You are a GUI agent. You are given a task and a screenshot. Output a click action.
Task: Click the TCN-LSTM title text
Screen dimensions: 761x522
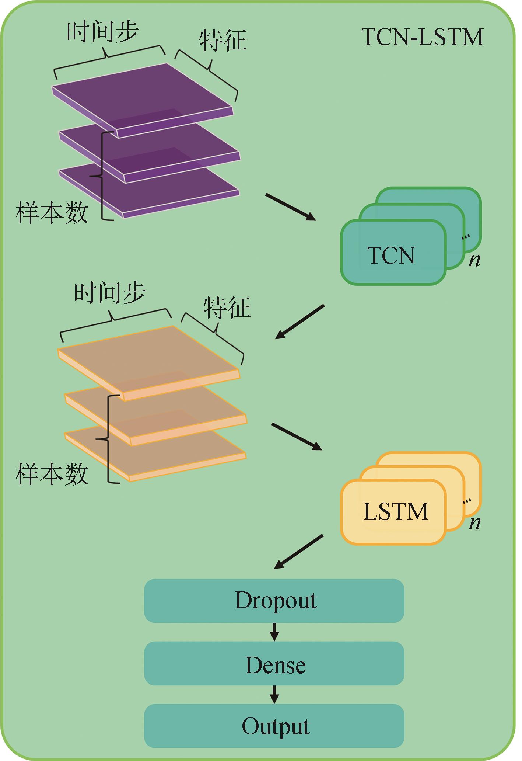[423, 37]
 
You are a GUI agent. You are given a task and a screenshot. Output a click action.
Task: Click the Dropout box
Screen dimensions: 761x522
[274, 601]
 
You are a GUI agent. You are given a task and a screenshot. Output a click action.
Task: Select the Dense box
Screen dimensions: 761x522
[274, 665]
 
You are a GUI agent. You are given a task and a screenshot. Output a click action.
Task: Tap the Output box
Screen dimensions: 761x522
[274, 727]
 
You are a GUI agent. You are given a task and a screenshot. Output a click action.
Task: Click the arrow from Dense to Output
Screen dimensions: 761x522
[274, 694]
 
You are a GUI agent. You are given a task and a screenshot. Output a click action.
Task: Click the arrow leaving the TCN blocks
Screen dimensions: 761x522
[300, 322]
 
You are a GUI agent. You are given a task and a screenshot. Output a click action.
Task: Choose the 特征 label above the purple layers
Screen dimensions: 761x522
[223, 40]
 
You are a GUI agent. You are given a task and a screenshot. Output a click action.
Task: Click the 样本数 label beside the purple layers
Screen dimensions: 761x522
[52, 213]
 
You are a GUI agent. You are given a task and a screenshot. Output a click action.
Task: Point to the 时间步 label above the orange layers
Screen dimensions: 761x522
[110, 293]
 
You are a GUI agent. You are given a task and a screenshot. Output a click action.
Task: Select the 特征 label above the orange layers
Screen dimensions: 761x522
[227, 307]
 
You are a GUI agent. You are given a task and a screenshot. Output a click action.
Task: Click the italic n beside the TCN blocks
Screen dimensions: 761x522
[475, 260]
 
